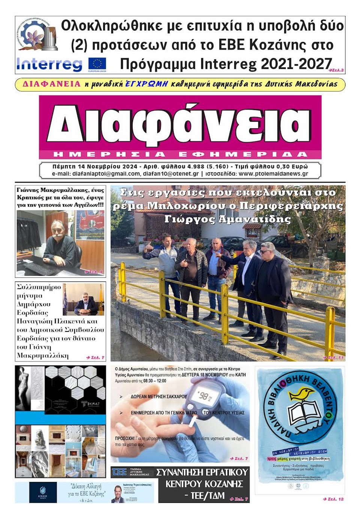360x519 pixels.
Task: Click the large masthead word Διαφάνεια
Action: click(179, 124)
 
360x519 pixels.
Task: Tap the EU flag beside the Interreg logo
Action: click(97, 64)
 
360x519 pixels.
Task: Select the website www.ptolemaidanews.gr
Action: click(273, 174)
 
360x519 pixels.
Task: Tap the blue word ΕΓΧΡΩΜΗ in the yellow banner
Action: click(146, 84)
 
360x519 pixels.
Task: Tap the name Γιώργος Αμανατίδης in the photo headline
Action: click(227, 219)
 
